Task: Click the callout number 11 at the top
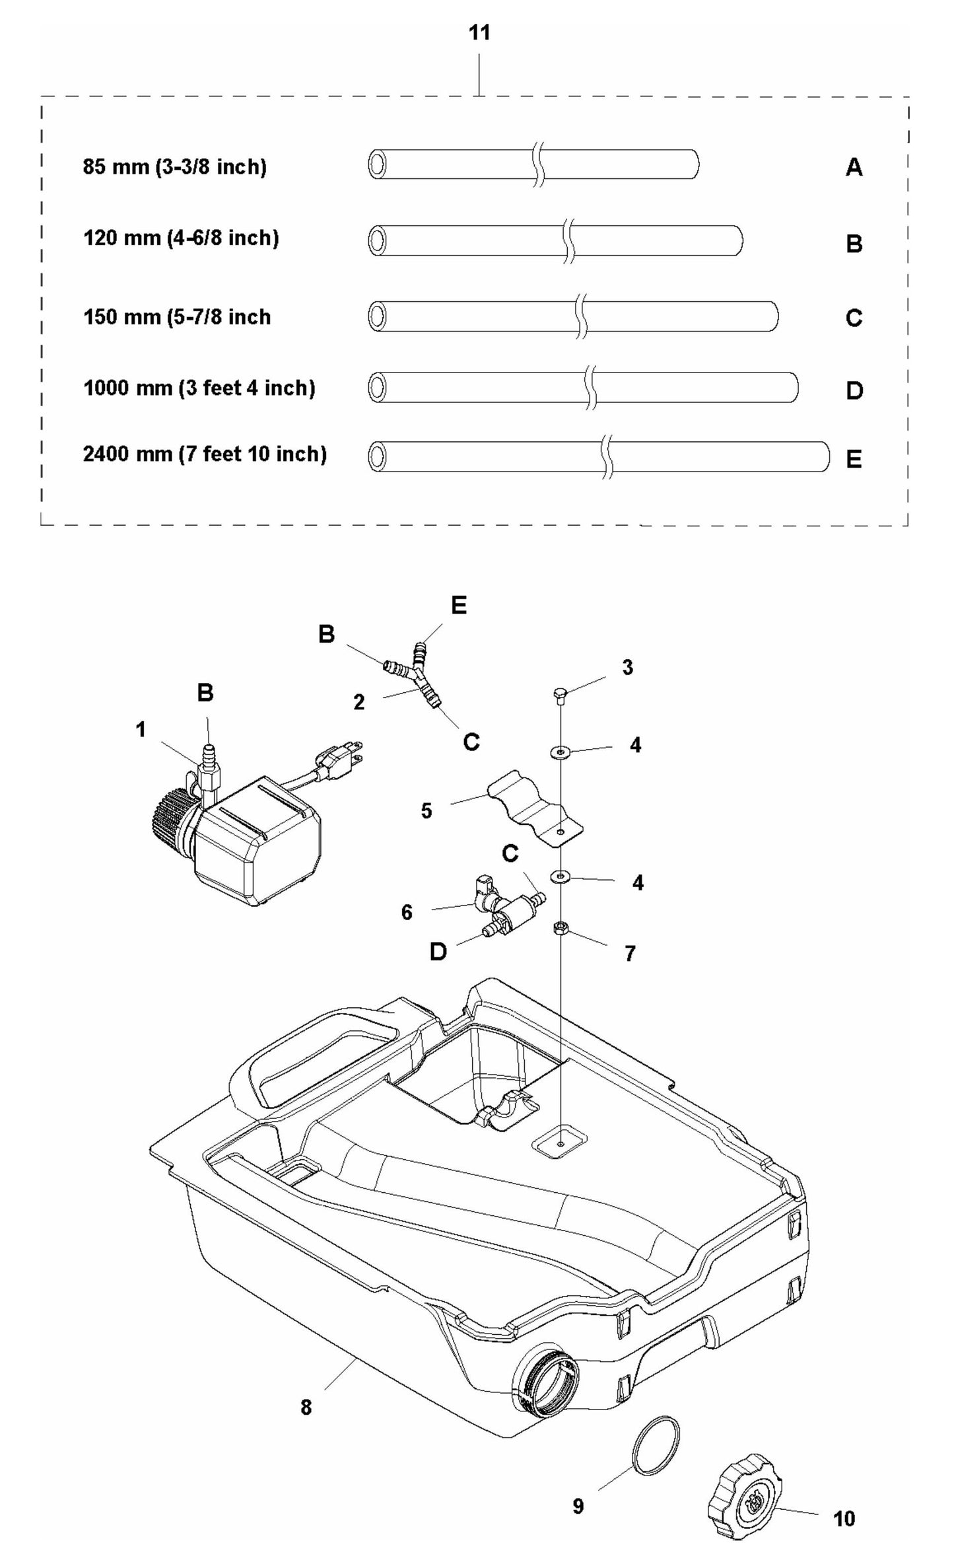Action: coord(479,32)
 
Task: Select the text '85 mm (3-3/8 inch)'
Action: coord(174,166)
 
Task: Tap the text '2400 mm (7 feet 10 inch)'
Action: coord(205,454)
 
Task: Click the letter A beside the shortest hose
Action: coord(854,168)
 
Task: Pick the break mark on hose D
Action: coord(591,387)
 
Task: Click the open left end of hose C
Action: coord(376,316)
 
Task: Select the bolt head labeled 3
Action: coord(559,693)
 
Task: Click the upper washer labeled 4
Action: coord(560,752)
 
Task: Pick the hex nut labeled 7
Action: coord(560,929)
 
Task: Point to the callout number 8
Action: coord(306,1407)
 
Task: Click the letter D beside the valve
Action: coord(438,952)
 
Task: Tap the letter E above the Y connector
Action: coord(458,605)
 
